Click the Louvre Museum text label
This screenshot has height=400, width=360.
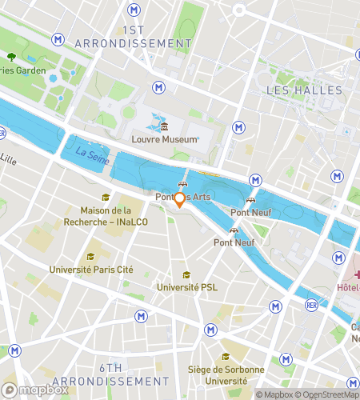click(x=164, y=140)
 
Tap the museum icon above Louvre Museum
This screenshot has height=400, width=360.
click(x=164, y=127)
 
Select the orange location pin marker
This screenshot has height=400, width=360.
click(x=180, y=200)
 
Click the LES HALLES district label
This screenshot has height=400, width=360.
click(x=304, y=90)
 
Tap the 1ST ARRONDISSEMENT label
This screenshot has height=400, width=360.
click(x=133, y=35)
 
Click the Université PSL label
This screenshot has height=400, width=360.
click(x=186, y=287)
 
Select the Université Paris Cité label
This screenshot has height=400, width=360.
click(x=90, y=269)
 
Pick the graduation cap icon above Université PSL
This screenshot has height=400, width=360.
click(x=186, y=274)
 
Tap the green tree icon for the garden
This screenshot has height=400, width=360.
click(x=11, y=56)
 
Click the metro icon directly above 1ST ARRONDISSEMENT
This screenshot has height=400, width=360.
click(x=133, y=10)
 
